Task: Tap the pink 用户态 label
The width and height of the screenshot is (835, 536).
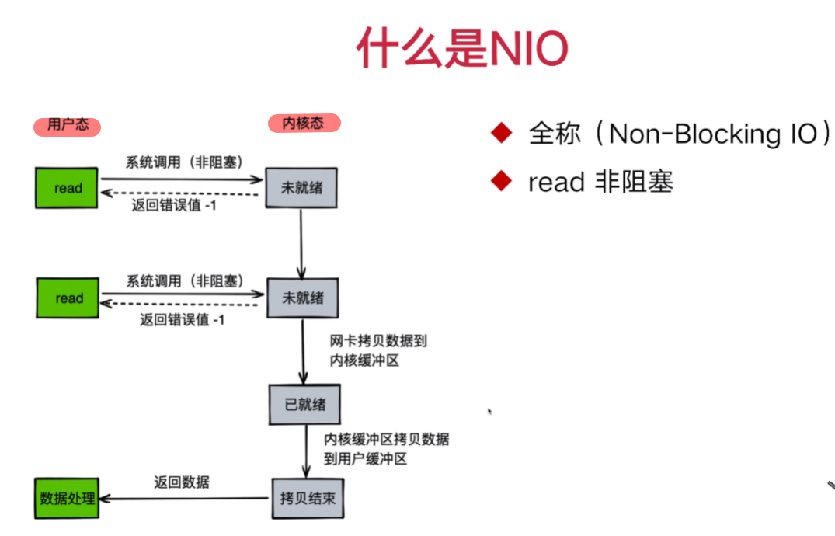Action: click(x=68, y=125)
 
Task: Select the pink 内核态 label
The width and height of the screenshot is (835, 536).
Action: click(x=304, y=123)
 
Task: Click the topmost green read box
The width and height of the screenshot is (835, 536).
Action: click(x=68, y=187)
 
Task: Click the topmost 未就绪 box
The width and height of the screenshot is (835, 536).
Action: click(x=301, y=188)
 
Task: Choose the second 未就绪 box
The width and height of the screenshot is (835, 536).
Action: click(x=302, y=298)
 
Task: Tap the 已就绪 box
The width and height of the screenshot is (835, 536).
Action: click(x=304, y=404)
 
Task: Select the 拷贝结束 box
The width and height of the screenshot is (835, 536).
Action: click(x=307, y=498)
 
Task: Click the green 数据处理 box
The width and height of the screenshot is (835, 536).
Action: click(x=68, y=498)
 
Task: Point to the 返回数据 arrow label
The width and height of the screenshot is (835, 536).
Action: click(x=181, y=482)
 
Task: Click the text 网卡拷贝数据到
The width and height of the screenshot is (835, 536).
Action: click(x=378, y=341)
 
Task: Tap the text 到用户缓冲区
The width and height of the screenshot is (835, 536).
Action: click(x=365, y=458)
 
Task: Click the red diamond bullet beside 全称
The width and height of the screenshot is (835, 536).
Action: click(x=502, y=134)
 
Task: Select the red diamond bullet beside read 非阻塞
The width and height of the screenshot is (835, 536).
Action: click(x=502, y=182)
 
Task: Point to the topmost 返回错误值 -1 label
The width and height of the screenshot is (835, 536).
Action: click(x=173, y=206)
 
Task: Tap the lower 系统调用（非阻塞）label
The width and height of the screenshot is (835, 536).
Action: click(x=185, y=280)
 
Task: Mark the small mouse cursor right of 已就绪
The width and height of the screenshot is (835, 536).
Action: click(x=490, y=411)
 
